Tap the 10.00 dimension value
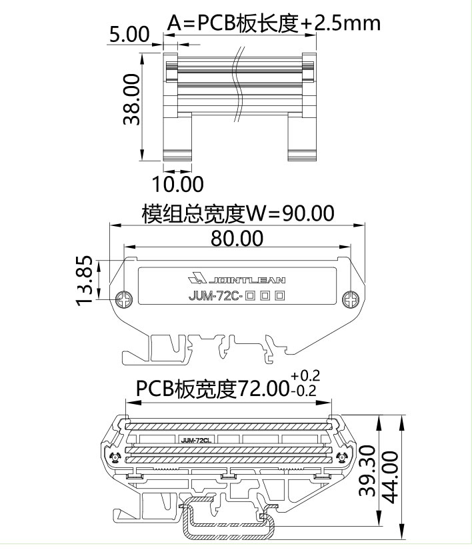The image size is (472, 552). [x=178, y=183]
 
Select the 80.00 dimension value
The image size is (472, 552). [x=237, y=238]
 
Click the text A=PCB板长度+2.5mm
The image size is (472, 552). [x=273, y=23]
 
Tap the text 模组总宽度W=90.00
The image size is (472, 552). [x=237, y=214]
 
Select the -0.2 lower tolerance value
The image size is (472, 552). [x=305, y=391]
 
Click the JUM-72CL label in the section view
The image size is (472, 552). [x=197, y=440]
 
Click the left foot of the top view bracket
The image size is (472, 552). [x=178, y=155]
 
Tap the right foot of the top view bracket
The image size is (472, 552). [x=303, y=155]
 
